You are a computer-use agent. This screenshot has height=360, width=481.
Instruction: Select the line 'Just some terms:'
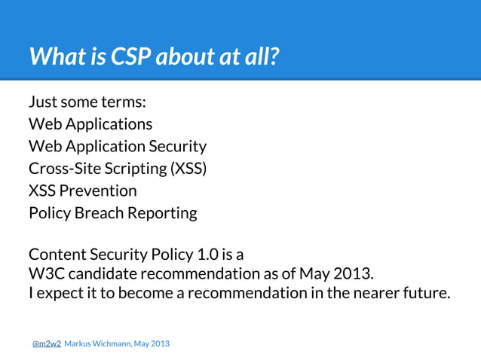pyautogui.click(x=82, y=102)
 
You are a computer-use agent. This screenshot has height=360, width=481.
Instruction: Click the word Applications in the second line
pyautogui.click(x=109, y=124)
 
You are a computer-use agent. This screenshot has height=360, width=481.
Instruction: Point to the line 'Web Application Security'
pyautogui.click(x=117, y=146)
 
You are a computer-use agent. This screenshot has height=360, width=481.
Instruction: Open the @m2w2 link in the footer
pyautogui.click(x=46, y=343)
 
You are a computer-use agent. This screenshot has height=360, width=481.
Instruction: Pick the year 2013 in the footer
pyautogui.click(x=161, y=343)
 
